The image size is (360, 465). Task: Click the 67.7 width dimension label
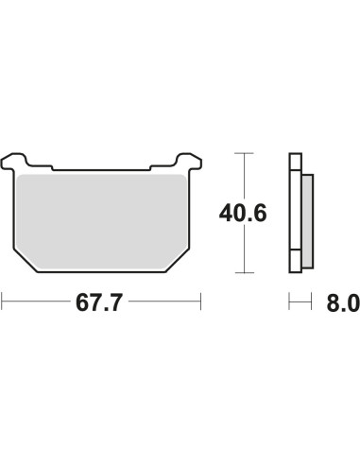pos(98,302)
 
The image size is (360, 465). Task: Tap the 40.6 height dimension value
pos(243,214)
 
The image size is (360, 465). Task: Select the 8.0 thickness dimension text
pos(343,302)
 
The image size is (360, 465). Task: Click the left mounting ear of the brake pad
pos(14,162)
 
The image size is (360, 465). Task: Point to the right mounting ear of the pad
pos(189,162)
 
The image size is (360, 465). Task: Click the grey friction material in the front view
pos(101,222)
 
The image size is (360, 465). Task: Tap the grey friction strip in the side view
pos(308,221)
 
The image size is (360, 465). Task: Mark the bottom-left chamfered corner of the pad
pos(26,261)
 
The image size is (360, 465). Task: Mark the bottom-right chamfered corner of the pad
pos(178,261)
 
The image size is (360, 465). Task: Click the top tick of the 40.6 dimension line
pos(244,153)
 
